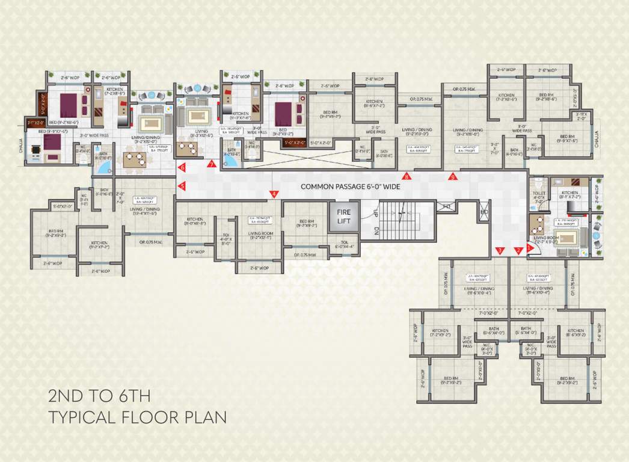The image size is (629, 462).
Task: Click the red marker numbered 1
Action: tap(529, 247)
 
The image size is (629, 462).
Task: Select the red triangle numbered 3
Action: tap(499, 250)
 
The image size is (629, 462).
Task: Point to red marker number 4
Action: tap(274, 194)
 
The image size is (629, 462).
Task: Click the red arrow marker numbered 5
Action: tap(182, 186)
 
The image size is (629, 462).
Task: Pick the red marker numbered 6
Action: tap(182, 168)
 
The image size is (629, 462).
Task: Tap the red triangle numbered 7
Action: tap(211, 164)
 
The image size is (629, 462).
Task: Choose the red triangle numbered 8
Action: tap(407, 177)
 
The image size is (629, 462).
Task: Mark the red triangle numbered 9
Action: tap(453, 177)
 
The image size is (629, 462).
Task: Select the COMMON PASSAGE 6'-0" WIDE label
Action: tap(351, 186)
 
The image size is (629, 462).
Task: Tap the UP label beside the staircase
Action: tap(376, 213)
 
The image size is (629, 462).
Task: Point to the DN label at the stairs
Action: tap(376, 230)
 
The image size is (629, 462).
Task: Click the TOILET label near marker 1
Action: tap(539, 194)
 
